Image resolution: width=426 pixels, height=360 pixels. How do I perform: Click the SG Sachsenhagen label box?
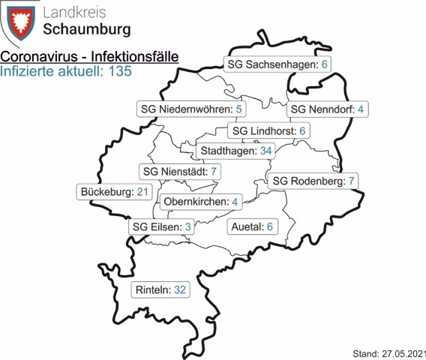pyautogui.click(x=279, y=65)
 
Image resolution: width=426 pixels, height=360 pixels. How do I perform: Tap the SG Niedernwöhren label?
pyautogui.click(x=193, y=109)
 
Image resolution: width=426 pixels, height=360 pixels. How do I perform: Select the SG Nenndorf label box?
pyautogui.click(x=327, y=109)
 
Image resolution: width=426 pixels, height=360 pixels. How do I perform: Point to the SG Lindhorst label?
pyautogui.click(x=270, y=131)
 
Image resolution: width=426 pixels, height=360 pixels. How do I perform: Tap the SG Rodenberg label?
pyautogui.click(x=313, y=181)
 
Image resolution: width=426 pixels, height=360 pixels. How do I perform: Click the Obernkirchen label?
pyautogui.click(x=199, y=202)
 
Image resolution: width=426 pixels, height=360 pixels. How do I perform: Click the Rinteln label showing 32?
pyautogui.click(x=160, y=289)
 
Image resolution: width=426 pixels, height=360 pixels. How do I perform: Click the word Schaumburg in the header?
pyautogui.click(x=91, y=30)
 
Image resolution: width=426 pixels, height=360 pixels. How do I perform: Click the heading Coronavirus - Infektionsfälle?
pyautogui.click(x=84, y=57)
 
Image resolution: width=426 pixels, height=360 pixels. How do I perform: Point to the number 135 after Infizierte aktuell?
pyautogui.click(x=118, y=72)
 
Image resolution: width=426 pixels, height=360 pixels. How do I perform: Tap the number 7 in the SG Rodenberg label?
pyautogui.click(x=351, y=181)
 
